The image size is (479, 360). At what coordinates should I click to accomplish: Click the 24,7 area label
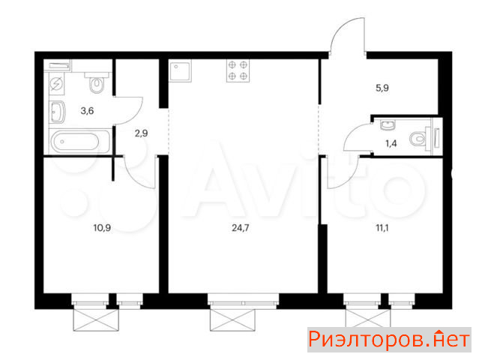click(x=241, y=228)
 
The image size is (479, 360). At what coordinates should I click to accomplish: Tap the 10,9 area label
click(x=102, y=228)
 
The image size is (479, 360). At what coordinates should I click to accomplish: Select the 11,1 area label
click(x=382, y=228)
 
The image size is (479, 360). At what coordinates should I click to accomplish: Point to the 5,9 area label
click(x=382, y=88)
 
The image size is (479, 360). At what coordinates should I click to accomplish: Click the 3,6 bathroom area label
click(x=87, y=111)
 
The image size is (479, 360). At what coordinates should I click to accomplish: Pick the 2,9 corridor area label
click(x=141, y=133)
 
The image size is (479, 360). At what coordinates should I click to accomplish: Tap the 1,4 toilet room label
click(x=391, y=143)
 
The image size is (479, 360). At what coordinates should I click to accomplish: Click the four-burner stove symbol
click(x=238, y=70)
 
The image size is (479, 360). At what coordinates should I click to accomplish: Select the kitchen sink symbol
click(x=180, y=71)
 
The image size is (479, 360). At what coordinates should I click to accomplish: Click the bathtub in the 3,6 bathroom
click(x=79, y=142)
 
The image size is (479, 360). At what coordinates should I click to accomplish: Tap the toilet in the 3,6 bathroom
click(x=97, y=82)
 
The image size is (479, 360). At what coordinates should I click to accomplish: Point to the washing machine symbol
click(x=57, y=83)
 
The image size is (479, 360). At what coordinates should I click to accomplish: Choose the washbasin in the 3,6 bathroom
click(x=58, y=112)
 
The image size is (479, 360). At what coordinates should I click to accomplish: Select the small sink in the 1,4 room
click(x=388, y=124)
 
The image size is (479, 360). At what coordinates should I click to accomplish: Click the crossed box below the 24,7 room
click(x=232, y=319)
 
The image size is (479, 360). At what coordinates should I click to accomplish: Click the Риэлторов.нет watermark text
click(x=389, y=340)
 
